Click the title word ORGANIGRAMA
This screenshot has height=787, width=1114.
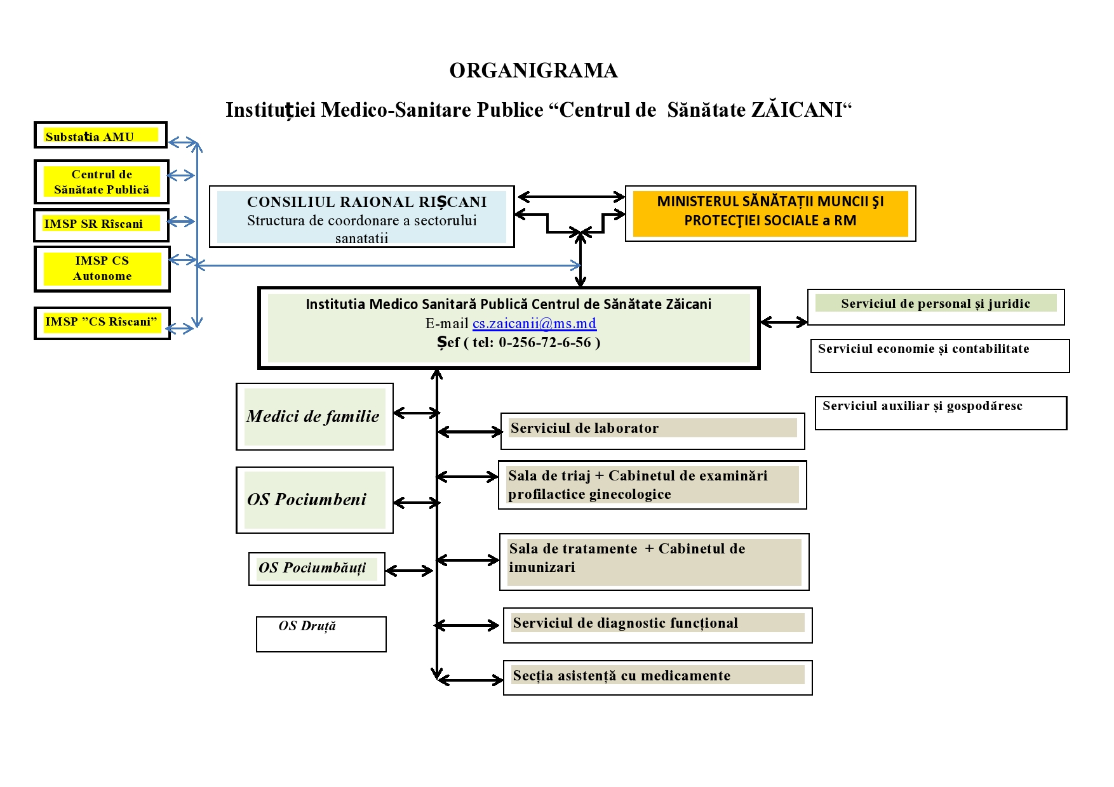pyautogui.click(x=534, y=70)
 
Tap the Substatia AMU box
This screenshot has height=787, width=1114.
pyautogui.click(x=100, y=135)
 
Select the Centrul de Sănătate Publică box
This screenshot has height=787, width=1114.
pyautogui.click(x=102, y=182)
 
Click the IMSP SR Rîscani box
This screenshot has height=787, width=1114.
pyautogui.click(x=101, y=224)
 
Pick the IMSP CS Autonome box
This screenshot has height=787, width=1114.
pyautogui.click(x=102, y=268)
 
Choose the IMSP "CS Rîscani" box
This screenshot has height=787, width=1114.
pyautogui.click(x=102, y=322)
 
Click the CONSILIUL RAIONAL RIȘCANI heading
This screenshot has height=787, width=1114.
pyautogui.click(x=366, y=202)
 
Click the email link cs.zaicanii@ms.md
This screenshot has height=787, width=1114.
pyautogui.click(x=534, y=324)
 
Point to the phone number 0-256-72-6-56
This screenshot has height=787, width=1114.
pyautogui.click(x=545, y=343)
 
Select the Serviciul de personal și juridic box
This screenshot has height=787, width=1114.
pyautogui.click(x=935, y=304)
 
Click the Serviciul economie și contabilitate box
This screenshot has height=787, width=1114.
pyautogui.click(x=939, y=355)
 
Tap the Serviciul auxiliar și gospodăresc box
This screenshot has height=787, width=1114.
pyautogui.click(x=940, y=413)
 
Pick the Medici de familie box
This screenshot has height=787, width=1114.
pyautogui.click(x=314, y=416)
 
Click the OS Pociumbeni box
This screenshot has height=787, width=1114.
pyautogui.click(x=314, y=499)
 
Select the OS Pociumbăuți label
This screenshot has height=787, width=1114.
pyautogui.click(x=312, y=568)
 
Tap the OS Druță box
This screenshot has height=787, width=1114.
pyautogui.click(x=321, y=633)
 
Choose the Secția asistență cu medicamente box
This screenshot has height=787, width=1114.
pyautogui.click(x=657, y=677)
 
